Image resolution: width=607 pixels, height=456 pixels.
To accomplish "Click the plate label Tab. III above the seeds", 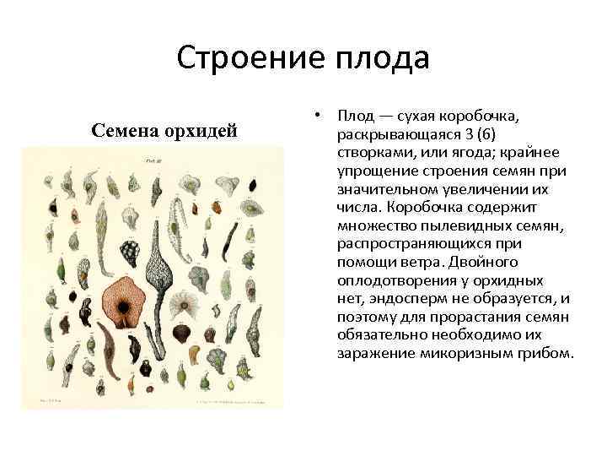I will [153, 158].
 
